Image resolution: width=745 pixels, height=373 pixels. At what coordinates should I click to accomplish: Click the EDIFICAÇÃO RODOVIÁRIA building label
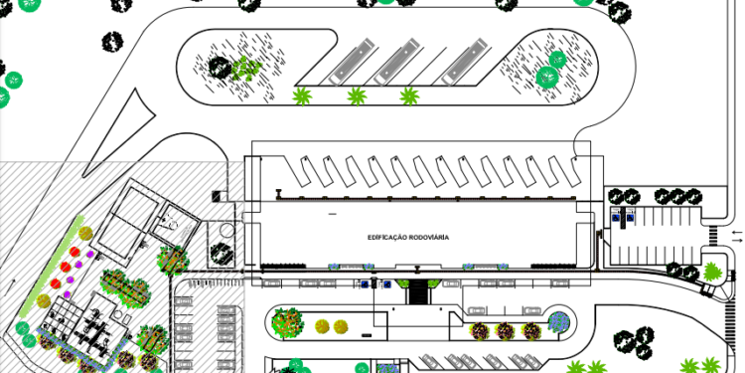tap(407, 238)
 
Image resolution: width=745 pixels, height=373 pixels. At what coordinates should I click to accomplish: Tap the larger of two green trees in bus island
tap(547, 76)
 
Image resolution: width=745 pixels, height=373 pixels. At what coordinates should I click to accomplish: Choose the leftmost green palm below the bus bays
tap(302, 95)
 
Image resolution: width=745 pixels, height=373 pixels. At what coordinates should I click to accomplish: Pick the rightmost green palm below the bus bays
tap(408, 95)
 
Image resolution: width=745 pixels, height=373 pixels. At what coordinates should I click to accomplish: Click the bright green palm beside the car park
tap(712, 270)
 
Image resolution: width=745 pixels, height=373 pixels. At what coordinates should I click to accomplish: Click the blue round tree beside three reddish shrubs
tap(559, 321)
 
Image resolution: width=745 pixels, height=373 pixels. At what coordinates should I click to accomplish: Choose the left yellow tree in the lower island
tap(322, 326)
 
